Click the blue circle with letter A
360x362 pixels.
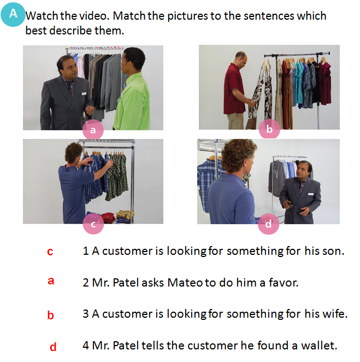click(13, 14)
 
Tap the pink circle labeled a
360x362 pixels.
click(93, 130)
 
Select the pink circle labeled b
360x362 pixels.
click(269, 129)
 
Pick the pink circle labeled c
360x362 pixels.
click(93, 224)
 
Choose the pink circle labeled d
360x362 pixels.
click(268, 224)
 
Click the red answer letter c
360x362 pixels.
click(50, 252)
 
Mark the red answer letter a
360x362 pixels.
click(51, 281)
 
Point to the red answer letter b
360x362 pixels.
click(50, 315)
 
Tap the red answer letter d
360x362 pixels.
click(53, 347)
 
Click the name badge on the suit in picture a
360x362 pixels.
click(84, 94)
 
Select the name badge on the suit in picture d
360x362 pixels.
click(311, 194)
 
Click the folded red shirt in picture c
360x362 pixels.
click(108, 218)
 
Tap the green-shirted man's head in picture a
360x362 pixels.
click(133, 59)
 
